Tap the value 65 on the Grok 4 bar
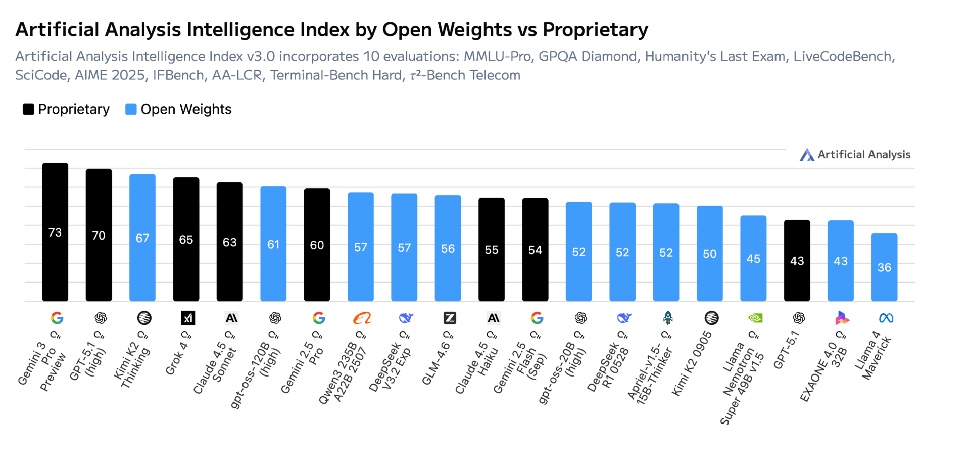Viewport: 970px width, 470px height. coord(186,240)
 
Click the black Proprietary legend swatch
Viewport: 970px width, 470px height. coord(28,109)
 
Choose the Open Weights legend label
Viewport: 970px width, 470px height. coord(186,109)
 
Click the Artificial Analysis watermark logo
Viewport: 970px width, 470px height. coord(807,155)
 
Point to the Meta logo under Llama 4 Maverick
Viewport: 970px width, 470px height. coord(886,318)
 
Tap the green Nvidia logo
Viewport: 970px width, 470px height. coord(755,318)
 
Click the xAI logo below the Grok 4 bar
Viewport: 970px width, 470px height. coord(187,318)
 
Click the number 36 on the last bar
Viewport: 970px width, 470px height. coord(884,268)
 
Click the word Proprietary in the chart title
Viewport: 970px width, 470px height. coord(595,30)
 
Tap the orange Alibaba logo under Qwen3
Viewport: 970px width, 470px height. coord(362,318)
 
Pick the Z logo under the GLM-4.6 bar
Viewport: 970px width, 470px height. coord(450,318)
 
